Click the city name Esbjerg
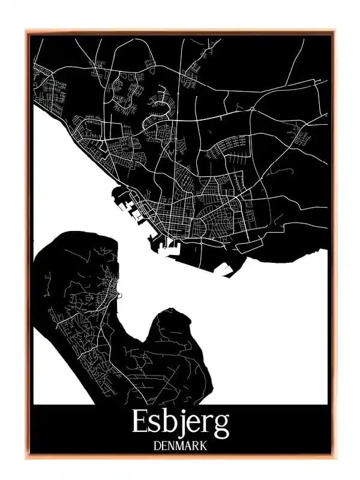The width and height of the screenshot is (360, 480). click(180, 424)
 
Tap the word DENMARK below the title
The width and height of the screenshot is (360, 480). click(180, 446)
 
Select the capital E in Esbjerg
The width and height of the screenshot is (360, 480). click(140, 424)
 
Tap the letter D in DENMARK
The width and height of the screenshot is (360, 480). click(157, 446)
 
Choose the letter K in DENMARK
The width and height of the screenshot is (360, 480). click(203, 446)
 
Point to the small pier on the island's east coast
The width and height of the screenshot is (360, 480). click(119, 295)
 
